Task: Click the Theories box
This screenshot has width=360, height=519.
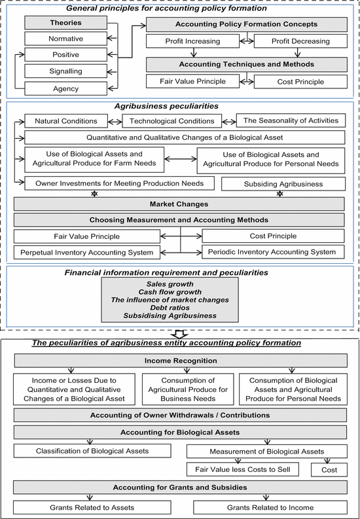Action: click(x=66, y=23)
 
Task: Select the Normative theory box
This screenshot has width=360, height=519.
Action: click(x=66, y=39)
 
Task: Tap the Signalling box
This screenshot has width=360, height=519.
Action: click(x=66, y=71)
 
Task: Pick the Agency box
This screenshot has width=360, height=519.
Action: click(x=66, y=89)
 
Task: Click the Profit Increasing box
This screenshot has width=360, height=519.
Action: click(x=192, y=41)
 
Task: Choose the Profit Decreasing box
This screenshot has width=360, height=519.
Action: click(x=300, y=41)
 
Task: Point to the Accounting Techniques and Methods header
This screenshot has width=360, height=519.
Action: click(x=247, y=65)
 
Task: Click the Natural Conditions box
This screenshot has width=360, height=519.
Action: click(x=66, y=121)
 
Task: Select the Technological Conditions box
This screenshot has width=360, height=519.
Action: click(x=171, y=121)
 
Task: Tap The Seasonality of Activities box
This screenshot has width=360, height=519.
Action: click(x=291, y=120)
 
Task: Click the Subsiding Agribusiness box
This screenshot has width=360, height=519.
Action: click(x=283, y=184)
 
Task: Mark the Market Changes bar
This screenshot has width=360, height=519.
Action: click(x=179, y=204)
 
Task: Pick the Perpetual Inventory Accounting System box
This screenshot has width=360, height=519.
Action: click(x=86, y=253)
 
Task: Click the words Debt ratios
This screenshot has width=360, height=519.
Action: click(x=170, y=308)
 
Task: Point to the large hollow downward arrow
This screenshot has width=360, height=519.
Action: click(x=181, y=334)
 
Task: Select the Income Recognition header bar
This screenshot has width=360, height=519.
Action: click(x=181, y=361)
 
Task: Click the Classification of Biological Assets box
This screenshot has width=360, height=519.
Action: click(x=92, y=451)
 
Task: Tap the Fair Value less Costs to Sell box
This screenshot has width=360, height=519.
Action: click(x=243, y=469)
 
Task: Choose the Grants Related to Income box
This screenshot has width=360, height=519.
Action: click(x=270, y=507)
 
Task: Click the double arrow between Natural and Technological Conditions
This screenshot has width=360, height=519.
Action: click(x=115, y=122)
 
